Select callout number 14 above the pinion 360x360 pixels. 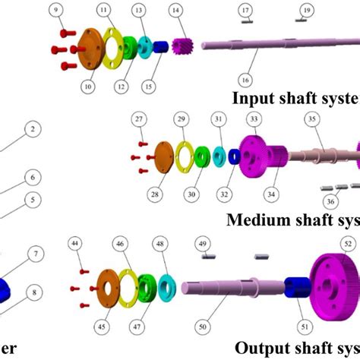point(175,10)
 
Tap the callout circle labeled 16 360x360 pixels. point(245,79)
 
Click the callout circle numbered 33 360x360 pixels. point(254,119)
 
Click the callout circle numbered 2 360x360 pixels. point(31,130)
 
